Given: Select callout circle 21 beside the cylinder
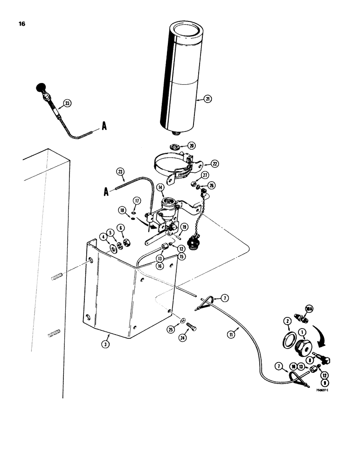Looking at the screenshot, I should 208,99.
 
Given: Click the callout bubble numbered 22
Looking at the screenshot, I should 215,164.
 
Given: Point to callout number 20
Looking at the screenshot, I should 192,145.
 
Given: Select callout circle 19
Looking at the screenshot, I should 184,227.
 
